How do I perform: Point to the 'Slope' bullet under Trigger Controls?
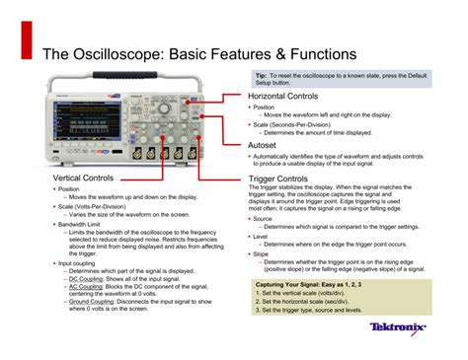pyautogui.click(x=261, y=252)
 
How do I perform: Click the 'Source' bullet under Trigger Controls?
pyautogui.click(x=263, y=219)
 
